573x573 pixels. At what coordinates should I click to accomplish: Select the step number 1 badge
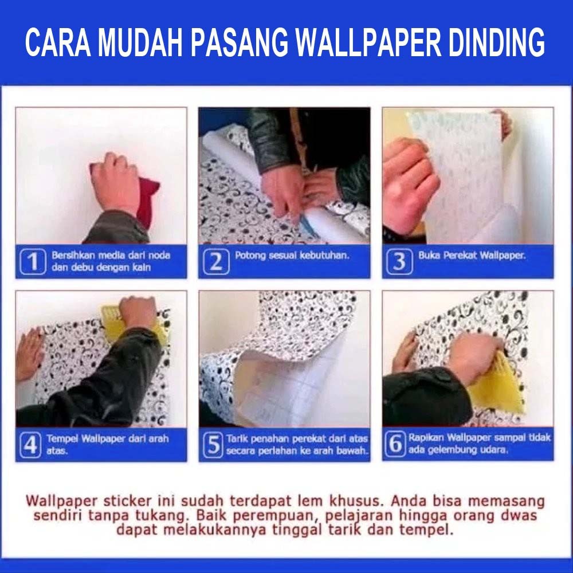click(33, 261)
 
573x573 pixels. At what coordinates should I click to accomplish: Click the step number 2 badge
click(216, 261)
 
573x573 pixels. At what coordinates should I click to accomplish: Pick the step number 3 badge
click(399, 261)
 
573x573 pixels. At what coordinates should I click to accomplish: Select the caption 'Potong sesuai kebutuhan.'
click(292, 256)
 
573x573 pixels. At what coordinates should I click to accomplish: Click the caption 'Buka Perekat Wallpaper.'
click(472, 256)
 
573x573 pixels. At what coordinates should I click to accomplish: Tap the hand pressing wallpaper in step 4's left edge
click(29, 355)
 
